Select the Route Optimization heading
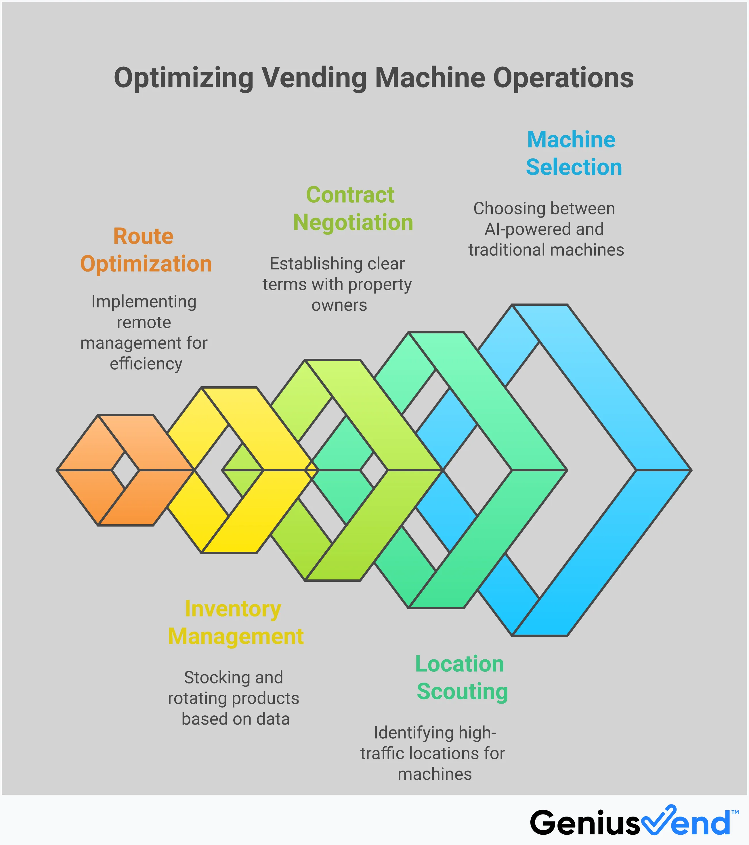click(x=146, y=250)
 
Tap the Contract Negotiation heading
click(x=353, y=209)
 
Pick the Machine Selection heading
click(x=574, y=153)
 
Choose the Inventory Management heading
click(x=236, y=623)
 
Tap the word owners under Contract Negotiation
click(x=339, y=305)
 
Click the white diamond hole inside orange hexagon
click(x=125, y=470)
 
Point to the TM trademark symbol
click(x=735, y=812)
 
